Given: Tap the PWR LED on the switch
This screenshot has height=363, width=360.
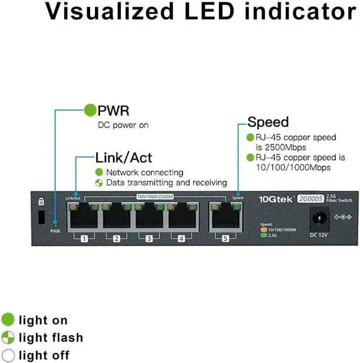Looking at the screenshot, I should click(55, 224).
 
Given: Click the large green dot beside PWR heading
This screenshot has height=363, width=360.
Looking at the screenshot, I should click(90, 110).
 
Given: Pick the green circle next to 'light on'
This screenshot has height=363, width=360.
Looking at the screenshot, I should click(8, 320).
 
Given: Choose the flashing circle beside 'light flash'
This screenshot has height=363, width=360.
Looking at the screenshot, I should click(8, 338).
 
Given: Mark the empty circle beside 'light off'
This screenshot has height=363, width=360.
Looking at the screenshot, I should click(8, 355).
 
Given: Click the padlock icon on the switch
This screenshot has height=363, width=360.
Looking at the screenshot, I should click(40, 201).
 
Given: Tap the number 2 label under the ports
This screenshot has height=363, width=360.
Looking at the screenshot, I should click(116, 239).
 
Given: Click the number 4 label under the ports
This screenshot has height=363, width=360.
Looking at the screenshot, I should click(182, 239).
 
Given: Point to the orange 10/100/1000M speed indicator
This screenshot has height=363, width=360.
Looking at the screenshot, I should click(263, 229).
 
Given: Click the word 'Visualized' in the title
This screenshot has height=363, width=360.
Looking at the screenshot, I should click(109, 12).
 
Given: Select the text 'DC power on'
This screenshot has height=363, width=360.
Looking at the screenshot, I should click(123, 125).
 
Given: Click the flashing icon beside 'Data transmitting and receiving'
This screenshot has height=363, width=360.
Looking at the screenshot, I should click(99, 183).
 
